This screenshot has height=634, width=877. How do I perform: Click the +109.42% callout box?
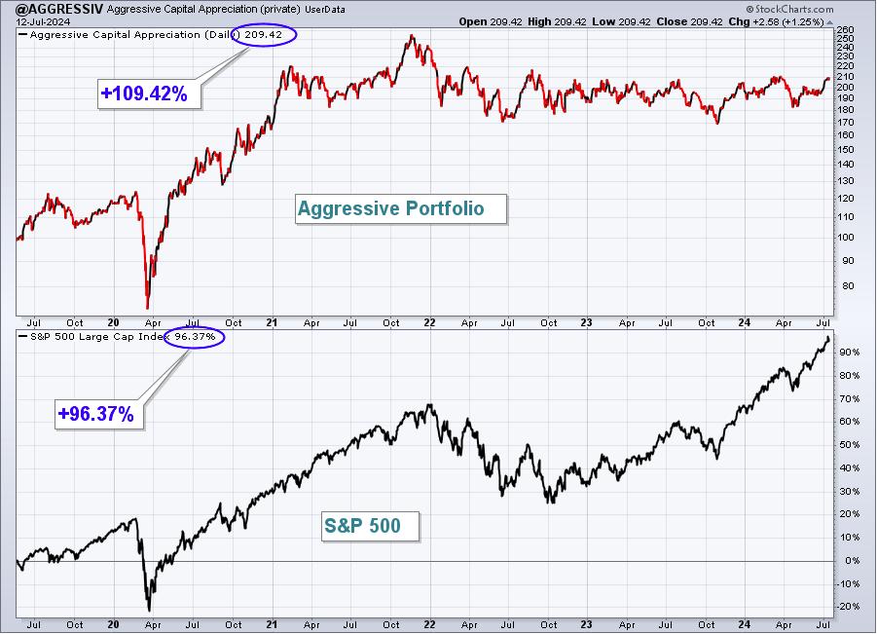(x=149, y=93)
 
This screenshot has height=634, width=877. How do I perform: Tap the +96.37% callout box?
(x=99, y=414)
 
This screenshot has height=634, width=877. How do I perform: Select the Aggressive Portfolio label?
(x=400, y=208)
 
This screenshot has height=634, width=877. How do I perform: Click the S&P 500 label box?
(x=370, y=526)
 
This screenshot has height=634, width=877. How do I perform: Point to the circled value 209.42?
(x=264, y=35)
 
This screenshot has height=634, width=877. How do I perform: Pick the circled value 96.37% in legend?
(x=194, y=337)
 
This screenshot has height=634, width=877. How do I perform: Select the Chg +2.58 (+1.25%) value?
(x=777, y=21)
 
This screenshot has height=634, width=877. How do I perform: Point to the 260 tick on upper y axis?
(x=845, y=29)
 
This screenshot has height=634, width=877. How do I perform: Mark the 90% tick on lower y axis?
(x=849, y=352)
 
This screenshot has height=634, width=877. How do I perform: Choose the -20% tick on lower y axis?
(x=849, y=607)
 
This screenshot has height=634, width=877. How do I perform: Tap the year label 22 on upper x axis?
(x=429, y=323)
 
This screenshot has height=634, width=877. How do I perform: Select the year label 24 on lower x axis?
(x=744, y=624)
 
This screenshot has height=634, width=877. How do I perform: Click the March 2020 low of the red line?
(x=148, y=307)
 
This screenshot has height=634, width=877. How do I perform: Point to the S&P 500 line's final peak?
(x=828, y=337)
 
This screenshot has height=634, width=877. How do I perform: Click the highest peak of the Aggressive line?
(x=412, y=36)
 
